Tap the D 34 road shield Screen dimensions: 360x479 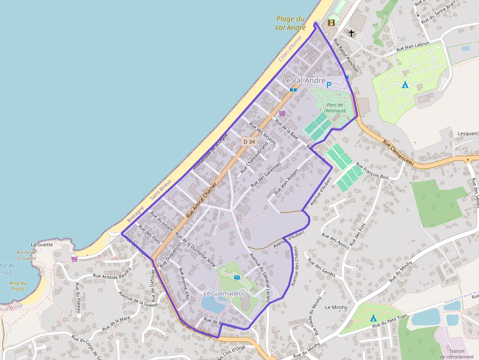(249, 142)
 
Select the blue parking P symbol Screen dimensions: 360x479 (329, 85)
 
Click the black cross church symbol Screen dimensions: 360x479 (351, 33)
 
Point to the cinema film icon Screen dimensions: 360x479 (332, 22)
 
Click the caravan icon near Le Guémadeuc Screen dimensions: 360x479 (237, 277)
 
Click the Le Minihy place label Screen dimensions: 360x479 (335, 307)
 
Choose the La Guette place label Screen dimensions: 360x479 (41, 244)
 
